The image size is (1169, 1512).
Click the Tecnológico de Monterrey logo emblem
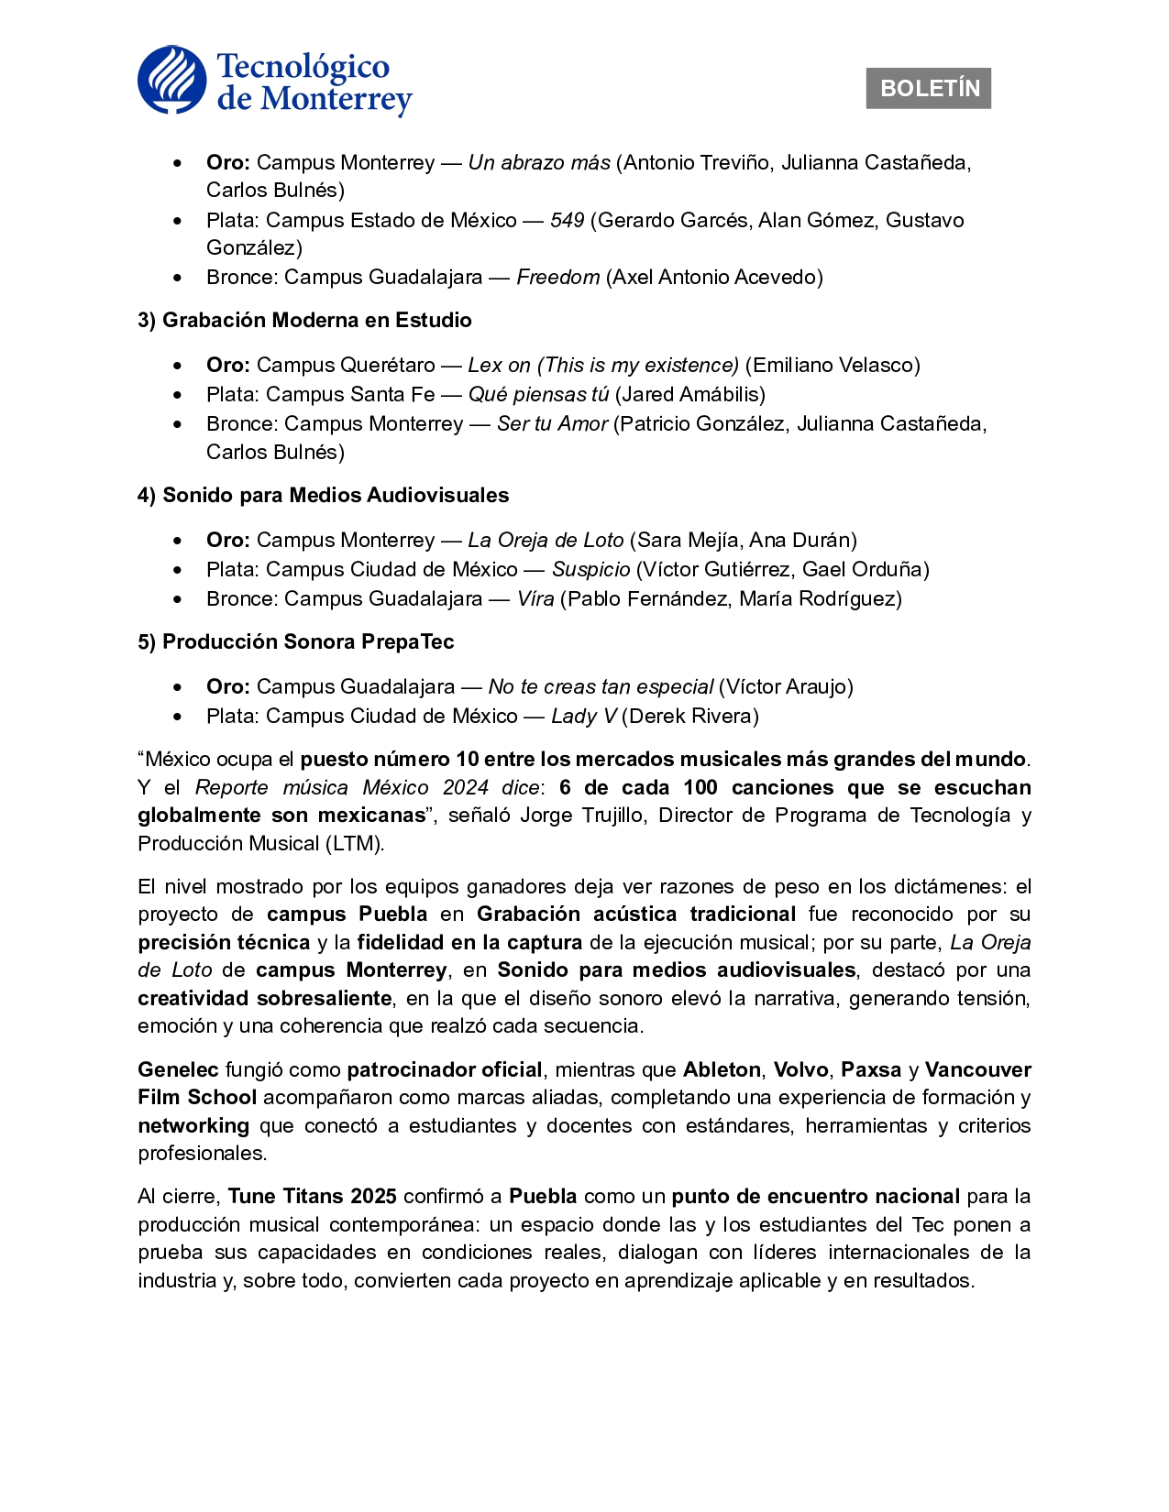tap(172, 81)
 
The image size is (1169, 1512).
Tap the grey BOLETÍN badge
tap(928, 89)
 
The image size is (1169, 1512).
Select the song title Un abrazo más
tap(539, 163)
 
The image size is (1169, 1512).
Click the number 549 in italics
tap(567, 221)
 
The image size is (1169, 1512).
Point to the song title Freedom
tap(557, 278)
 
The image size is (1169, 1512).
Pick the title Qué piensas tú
tap(538, 395)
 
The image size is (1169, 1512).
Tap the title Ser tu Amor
tap(552, 424)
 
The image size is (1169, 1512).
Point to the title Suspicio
tap(590, 570)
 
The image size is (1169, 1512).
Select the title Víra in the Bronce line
tap(535, 599)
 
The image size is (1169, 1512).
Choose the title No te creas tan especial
tap(601, 687)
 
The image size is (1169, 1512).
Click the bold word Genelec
tap(178, 1070)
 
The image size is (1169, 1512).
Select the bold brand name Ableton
tap(722, 1070)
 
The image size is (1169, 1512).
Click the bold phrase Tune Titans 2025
tap(312, 1197)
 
